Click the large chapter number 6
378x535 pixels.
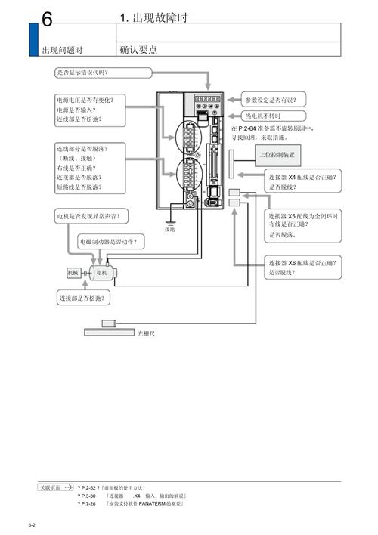coord(46,20)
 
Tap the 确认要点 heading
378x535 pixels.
coord(138,50)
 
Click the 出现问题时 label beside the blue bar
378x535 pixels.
coord(62,51)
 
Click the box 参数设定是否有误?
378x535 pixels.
coord(274,100)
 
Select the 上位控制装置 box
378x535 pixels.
coord(277,156)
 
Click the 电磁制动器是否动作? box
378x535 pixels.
coord(113,243)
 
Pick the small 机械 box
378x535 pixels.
coord(73,272)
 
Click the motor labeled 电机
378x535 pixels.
coord(100,272)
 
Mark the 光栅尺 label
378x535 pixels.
coord(147,332)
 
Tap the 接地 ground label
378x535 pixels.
coord(169,229)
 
